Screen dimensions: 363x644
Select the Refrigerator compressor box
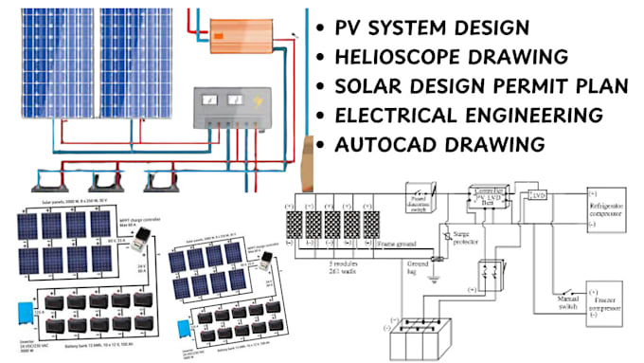click(x=613, y=209)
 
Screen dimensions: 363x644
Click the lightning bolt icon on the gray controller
click(x=257, y=100)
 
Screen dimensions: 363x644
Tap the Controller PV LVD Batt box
click(x=490, y=195)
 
